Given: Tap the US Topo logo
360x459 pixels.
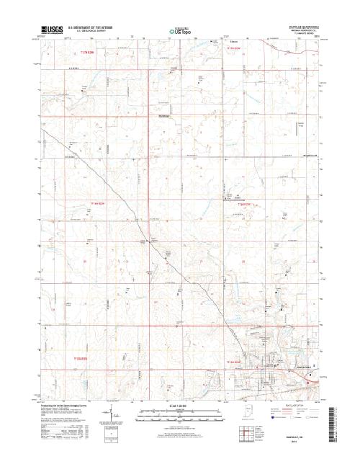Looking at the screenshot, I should [x=180, y=31].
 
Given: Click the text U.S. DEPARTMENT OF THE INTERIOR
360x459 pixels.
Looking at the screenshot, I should [x=91, y=27].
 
